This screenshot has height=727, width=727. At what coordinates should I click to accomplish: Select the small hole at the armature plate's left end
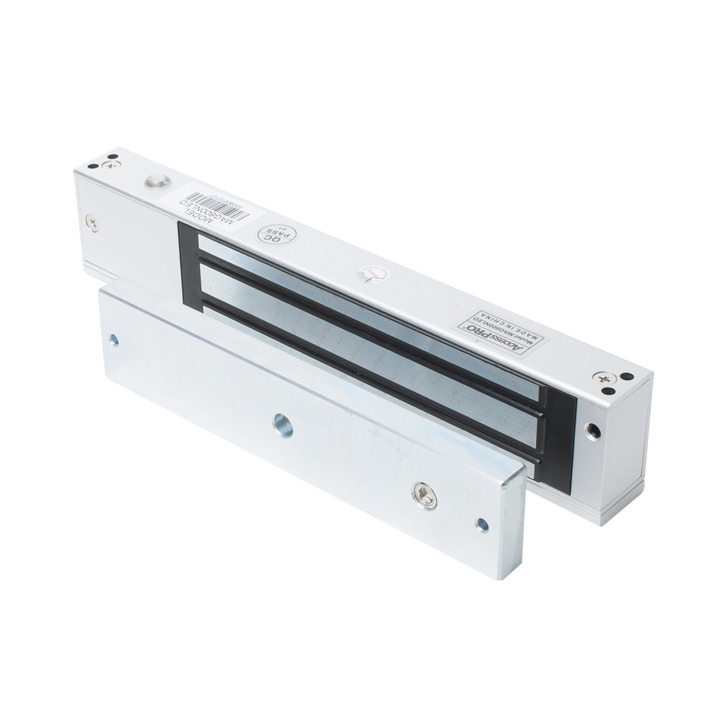114,340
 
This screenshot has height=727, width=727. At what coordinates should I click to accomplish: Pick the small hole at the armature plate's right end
480,521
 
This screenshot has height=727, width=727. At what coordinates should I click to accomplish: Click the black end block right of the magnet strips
556,429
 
